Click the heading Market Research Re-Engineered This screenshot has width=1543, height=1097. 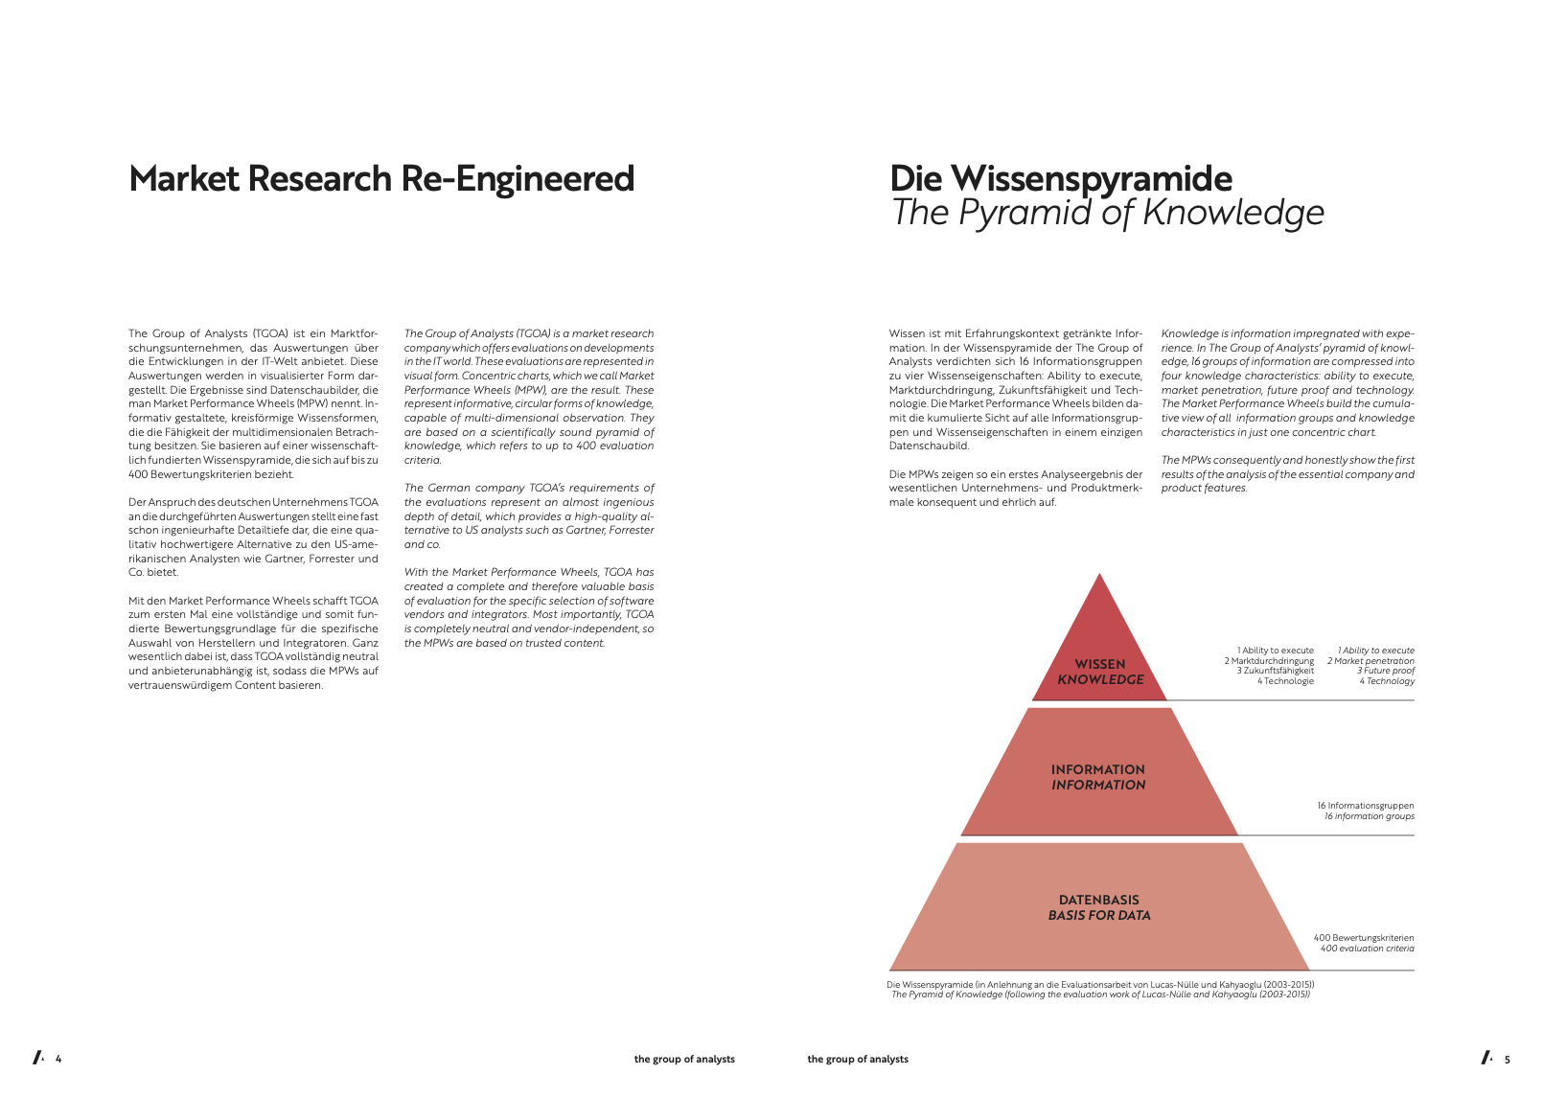pos(380,179)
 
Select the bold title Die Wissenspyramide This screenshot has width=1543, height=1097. pos(1061,179)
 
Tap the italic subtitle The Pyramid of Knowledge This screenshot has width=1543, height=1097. pos(1107,213)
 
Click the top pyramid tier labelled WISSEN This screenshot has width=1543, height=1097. pos(1099,648)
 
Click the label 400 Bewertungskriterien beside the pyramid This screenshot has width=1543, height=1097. pos(1363,938)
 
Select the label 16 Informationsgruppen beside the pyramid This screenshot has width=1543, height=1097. pos(1366,806)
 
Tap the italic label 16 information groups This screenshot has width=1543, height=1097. pos(1369,816)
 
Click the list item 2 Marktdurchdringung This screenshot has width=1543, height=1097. pos(1269,661)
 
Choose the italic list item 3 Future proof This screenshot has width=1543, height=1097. pos(1385,671)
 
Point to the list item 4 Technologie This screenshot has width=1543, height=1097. pos(1285,681)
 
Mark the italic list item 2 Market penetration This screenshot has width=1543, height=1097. pos(1370,661)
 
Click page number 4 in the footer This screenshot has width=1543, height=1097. pos(58,1059)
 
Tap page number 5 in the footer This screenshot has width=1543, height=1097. pos(1508,1059)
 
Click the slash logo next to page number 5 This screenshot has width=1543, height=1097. pos(1487,1058)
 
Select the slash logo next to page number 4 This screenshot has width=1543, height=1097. pos(38,1058)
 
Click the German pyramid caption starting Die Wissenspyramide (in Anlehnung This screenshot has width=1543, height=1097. pos(1100,985)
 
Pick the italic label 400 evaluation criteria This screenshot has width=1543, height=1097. pos(1367,948)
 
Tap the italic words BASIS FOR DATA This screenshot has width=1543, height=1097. pos(1099,915)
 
